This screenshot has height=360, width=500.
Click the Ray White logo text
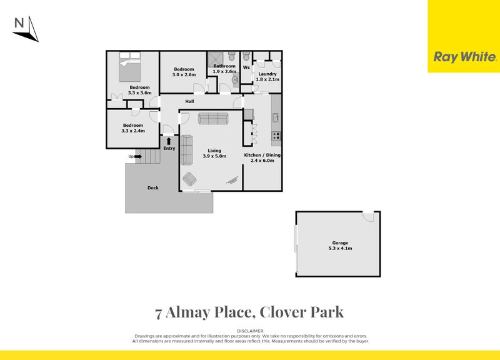pos(464,57)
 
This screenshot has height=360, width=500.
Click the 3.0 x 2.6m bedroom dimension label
pos(184,75)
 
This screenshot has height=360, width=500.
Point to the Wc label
pos(246,67)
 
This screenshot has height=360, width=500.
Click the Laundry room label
pos(267,74)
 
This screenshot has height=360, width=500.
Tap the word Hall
pos(189,101)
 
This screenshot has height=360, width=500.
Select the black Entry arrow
pos(169,141)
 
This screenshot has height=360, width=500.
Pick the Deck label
pos(152,187)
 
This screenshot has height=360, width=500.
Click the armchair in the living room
pos(189,179)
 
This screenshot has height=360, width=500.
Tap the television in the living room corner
pos(234,179)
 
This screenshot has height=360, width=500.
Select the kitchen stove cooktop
pos(276,136)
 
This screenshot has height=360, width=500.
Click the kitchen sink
pos(275,116)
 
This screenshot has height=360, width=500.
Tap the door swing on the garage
pos(369,216)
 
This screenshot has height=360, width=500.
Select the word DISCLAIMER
pos(250,331)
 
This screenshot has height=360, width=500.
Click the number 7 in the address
pos(159,311)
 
